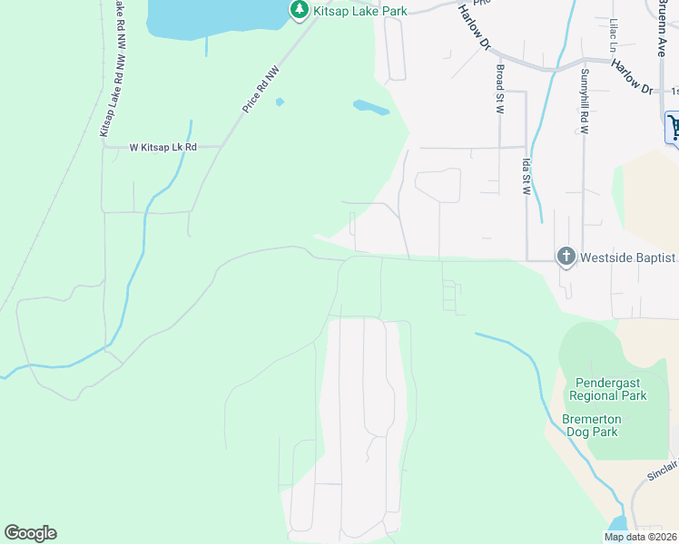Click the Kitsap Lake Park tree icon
tap(300, 10)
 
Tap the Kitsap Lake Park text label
tap(359, 11)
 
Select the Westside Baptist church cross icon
tap(566, 257)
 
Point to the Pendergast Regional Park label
tap(607, 389)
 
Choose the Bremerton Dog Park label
tap(590, 425)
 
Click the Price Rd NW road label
tap(261, 88)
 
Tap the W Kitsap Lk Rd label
tap(162, 146)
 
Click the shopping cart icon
tap(674, 126)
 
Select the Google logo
tap(31, 533)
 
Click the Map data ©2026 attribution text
tap(641, 537)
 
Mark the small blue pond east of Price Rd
tap(370, 108)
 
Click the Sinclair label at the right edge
tap(661, 470)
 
